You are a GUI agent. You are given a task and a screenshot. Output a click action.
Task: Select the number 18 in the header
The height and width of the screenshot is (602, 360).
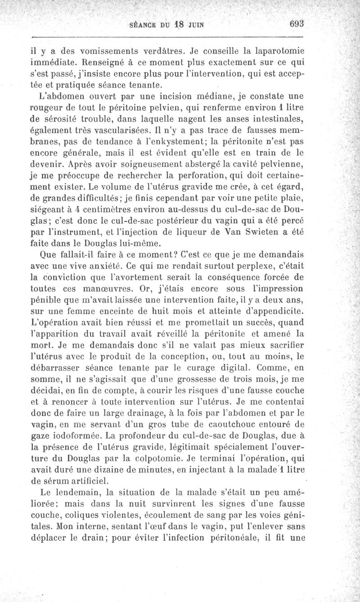click(x=174, y=25)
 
